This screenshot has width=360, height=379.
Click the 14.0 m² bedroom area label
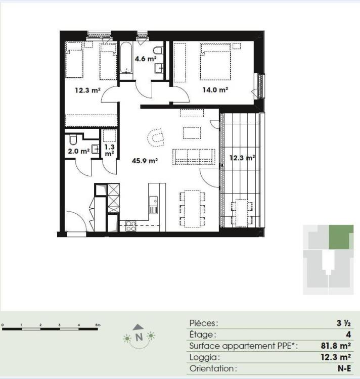(x=215, y=90)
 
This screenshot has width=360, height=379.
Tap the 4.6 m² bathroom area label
(x=146, y=59)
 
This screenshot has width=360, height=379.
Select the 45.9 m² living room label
(x=145, y=161)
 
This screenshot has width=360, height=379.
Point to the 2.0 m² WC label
(x=79, y=151)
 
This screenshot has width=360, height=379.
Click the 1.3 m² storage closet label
(x=110, y=150)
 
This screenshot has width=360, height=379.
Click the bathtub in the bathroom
(x=126, y=58)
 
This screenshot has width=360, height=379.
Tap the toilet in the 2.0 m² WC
(x=73, y=139)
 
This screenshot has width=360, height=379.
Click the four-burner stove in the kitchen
(x=130, y=226)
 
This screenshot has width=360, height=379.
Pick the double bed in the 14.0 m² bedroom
(x=215, y=61)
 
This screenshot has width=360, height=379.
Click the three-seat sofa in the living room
(x=194, y=157)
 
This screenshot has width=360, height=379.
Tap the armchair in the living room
(x=156, y=137)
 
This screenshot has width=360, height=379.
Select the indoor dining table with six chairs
(x=193, y=209)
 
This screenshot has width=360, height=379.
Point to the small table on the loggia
(x=242, y=213)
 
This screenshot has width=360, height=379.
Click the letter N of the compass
(x=139, y=337)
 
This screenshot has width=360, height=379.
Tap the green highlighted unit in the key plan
(x=341, y=237)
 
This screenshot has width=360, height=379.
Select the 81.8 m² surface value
(x=336, y=346)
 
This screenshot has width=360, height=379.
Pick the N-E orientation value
(x=344, y=368)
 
